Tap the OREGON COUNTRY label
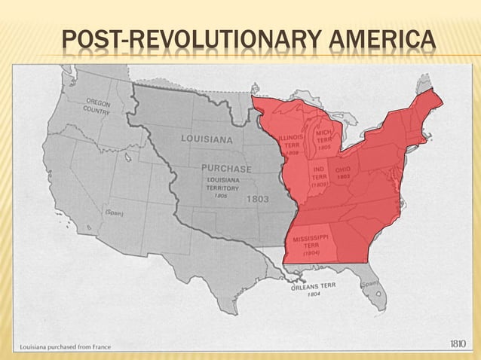click(97, 107)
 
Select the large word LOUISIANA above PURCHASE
click(207, 139)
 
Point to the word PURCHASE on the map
click(225, 169)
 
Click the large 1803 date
click(257, 199)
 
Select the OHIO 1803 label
click(342, 173)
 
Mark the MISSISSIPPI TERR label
click(311, 246)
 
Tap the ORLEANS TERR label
click(314, 286)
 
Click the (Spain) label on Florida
click(369, 284)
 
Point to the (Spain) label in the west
click(115, 212)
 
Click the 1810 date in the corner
click(458, 343)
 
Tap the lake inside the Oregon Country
click(127, 158)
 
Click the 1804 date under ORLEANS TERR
click(314, 294)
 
